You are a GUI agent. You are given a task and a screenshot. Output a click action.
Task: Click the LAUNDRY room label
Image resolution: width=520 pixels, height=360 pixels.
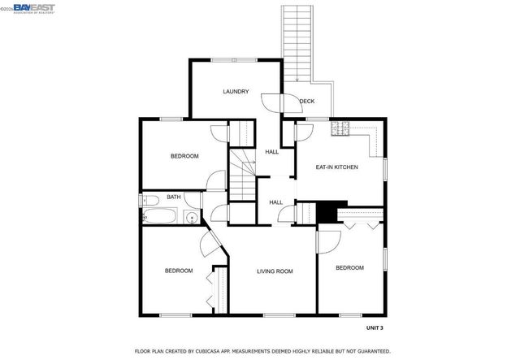click(x=236, y=92)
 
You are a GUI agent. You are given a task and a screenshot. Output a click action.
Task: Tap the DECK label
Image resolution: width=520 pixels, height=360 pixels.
click(x=306, y=102)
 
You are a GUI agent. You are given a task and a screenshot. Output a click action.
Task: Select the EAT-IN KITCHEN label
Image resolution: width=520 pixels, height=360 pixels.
click(x=336, y=167)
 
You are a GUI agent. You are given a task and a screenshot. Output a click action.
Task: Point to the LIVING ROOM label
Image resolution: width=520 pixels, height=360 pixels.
click(x=275, y=271)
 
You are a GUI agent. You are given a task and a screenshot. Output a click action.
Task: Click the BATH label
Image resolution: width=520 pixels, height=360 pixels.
click(x=174, y=197)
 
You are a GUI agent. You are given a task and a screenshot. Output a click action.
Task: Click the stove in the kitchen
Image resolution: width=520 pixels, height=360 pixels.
click(x=340, y=128)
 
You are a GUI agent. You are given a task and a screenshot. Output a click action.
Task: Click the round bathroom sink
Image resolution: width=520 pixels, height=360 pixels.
click(x=190, y=217)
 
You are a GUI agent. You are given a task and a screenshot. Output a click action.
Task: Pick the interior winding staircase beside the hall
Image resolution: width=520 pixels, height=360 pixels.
click(x=241, y=173)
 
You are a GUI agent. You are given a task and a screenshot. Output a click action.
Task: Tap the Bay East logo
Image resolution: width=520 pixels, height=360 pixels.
click(x=32, y=7)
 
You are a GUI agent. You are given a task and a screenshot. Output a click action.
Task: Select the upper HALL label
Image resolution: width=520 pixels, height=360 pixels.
click(x=272, y=151)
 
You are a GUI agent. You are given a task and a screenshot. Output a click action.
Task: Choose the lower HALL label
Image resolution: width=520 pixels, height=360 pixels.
click(x=276, y=202)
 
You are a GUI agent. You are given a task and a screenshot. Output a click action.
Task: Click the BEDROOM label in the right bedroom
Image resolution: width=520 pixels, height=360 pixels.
click(x=349, y=267)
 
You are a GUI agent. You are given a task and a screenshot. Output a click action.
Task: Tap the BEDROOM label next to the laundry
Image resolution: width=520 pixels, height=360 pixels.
click(x=184, y=156)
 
